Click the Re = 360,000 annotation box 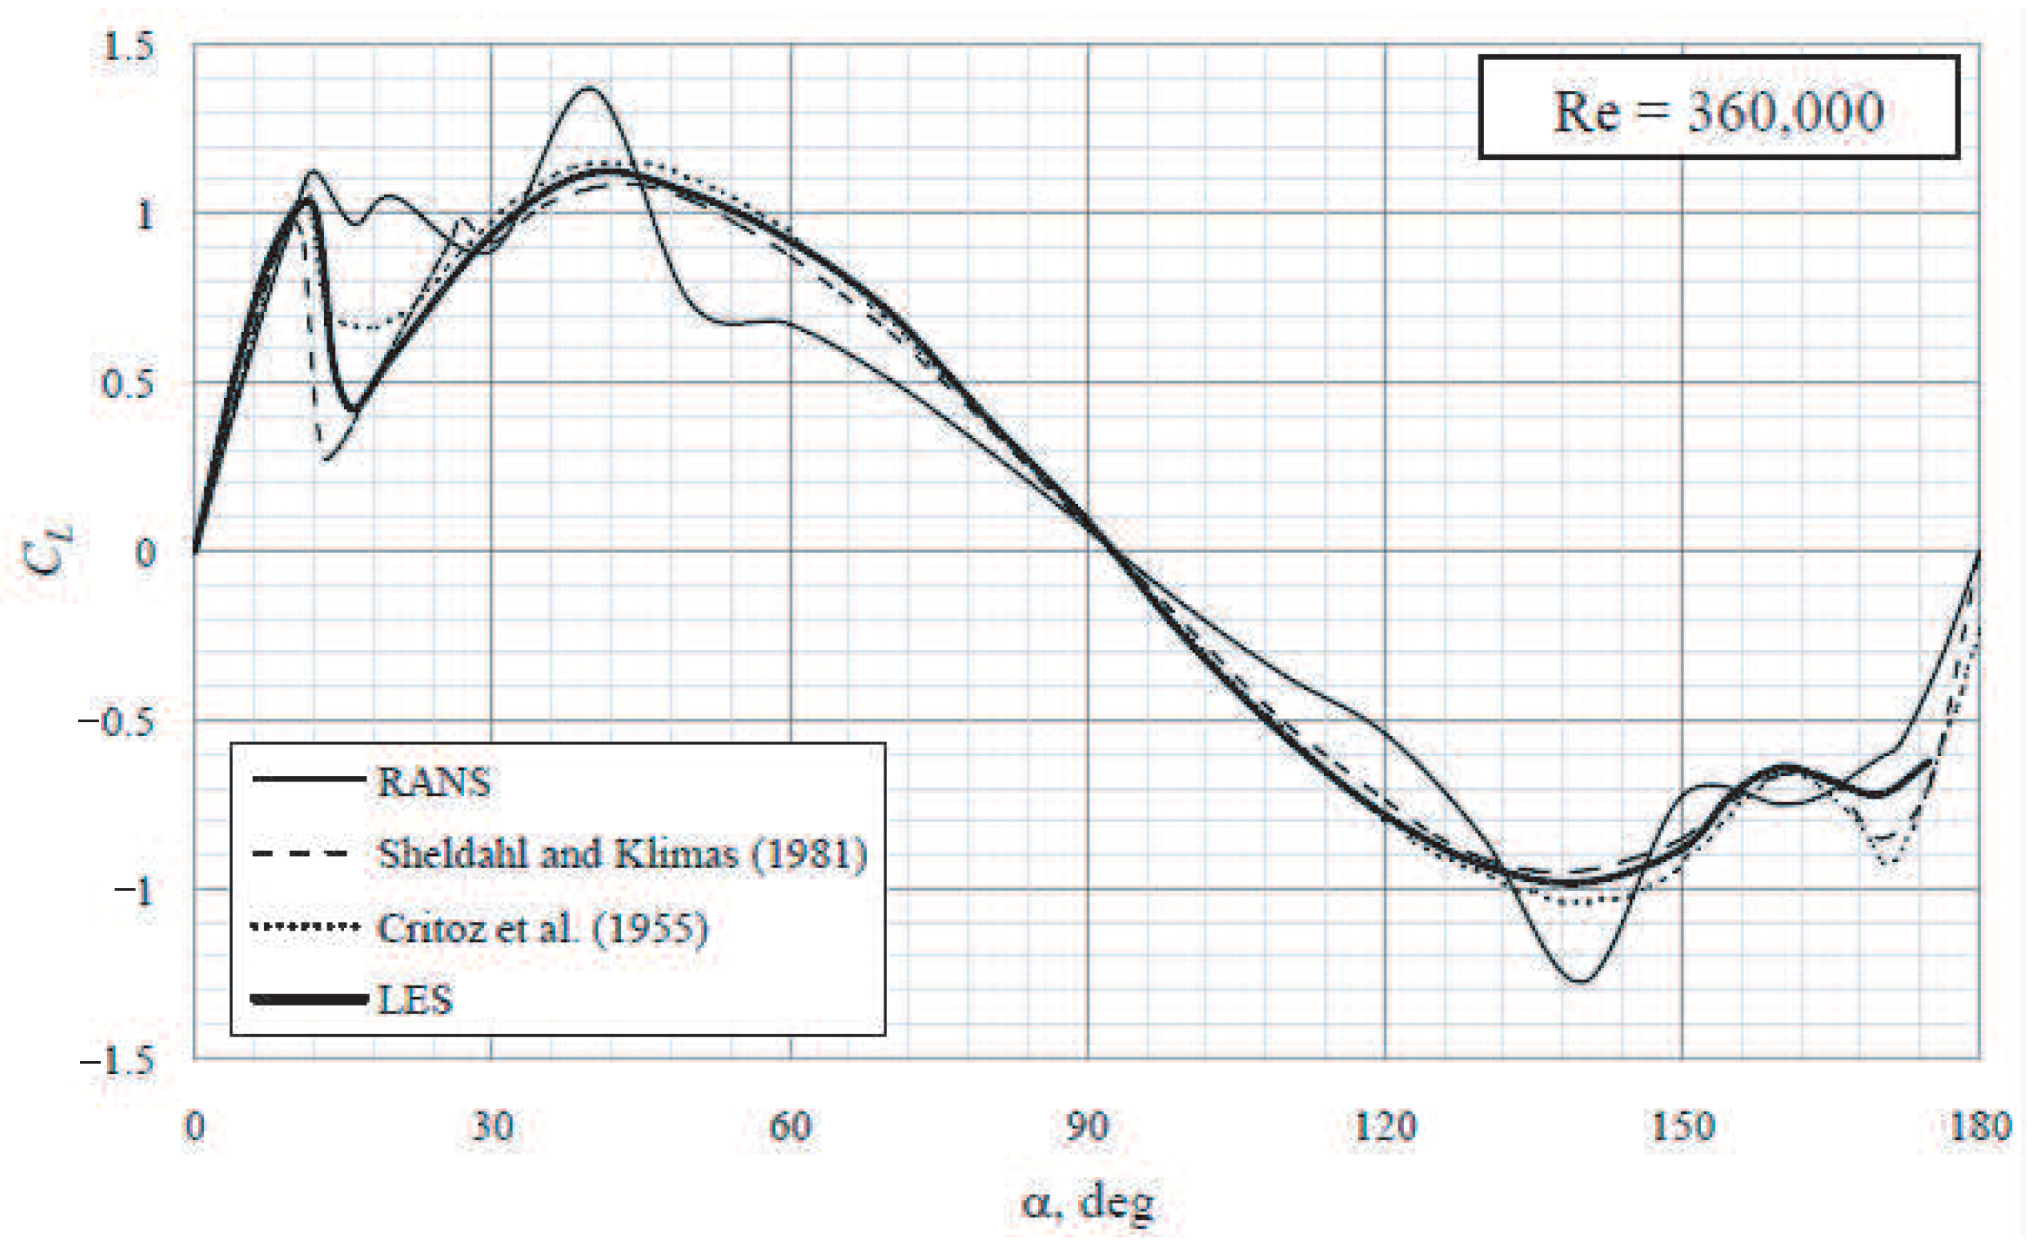tap(1718, 108)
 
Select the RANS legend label tap(434, 782)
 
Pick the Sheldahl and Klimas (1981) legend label tap(622, 854)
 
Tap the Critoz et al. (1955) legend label tap(542, 928)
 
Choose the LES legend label tap(415, 999)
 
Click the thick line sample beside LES tap(308, 999)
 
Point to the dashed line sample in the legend tap(301, 854)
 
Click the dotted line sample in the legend tap(305, 927)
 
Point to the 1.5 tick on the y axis tap(128, 45)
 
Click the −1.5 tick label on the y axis tap(117, 1062)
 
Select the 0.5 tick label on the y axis tap(128, 383)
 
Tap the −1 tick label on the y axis tap(134, 892)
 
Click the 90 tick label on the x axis tap(1087, 1126)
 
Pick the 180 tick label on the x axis tap(1979, 1126)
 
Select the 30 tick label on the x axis tap(492, 1126)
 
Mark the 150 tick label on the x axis tap(1682, 1126)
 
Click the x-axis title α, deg tap(1087, 1203)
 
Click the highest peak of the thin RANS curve tap(590, 88)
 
